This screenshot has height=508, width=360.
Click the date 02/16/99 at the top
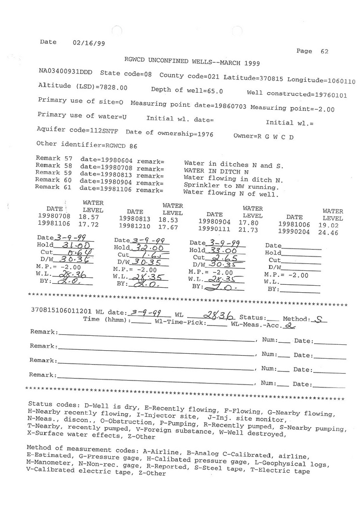tap(88, 43)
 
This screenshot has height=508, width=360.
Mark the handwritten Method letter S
tap(322, 320)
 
